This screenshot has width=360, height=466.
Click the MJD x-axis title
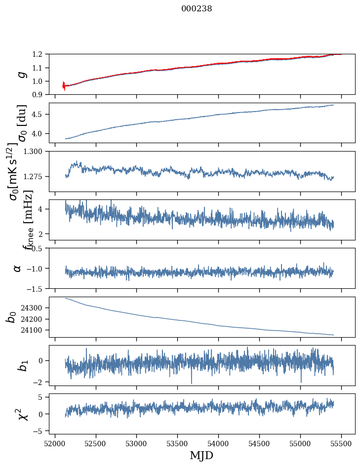201,455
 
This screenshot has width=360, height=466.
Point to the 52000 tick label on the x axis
55,443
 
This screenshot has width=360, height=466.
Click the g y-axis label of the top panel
21,75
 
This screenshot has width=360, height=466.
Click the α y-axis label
18,268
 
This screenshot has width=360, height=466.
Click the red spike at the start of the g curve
64,86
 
